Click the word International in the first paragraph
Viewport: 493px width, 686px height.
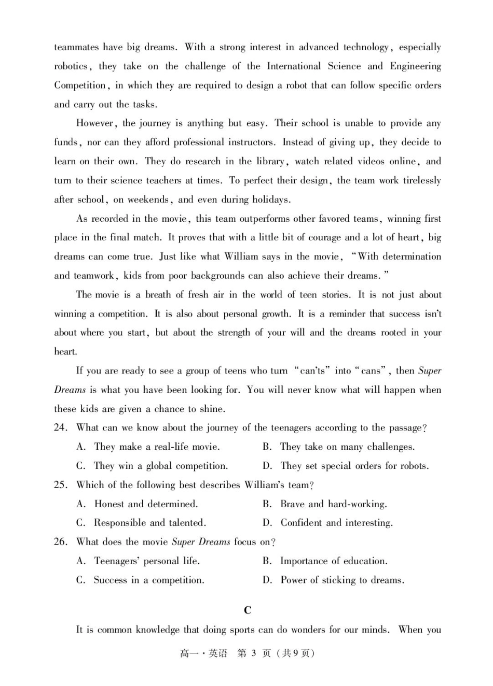click(x=294, y=66)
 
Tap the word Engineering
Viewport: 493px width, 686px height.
click(x=416, y=66)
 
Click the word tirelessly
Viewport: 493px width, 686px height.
click(x=415, y=180)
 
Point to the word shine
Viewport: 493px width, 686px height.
click(x=212, y=409)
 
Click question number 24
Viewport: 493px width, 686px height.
click(x=61, y=428)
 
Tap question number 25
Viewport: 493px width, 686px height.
click(x=61, y=485)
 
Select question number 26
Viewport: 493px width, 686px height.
click(x=61, y=542)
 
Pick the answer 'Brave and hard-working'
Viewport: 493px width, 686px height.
click(x=333, y=504)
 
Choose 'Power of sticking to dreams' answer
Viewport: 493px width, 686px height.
click(x=342, y=580)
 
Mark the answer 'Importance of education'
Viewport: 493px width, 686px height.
click(x=333, y=561)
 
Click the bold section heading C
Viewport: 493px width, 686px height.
click(x=248, y=610)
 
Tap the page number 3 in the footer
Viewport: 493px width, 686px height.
click(x=254, y=653)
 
